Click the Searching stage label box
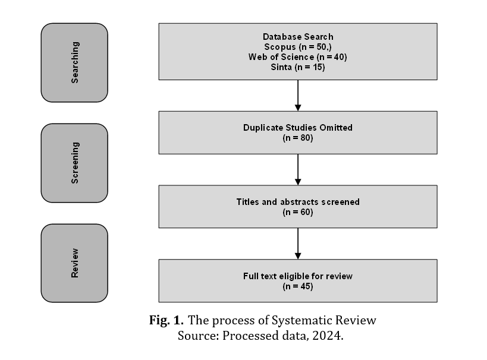[74, 62]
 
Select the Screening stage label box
[74, 163]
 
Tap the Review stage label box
[74, 263]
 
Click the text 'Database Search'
[298, 37]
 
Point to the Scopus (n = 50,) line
[298, 47]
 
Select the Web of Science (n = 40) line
[298, 57]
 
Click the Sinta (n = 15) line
[298, 67]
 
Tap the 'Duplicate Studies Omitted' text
[298, 128]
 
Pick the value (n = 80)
[298, 138]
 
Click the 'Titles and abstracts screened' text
[298, 202]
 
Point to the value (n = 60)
[298, 212]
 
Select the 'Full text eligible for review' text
[298, 276]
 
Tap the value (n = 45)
[298, 286]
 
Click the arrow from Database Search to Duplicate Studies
[298, 95]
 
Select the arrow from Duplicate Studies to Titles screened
[298, 169]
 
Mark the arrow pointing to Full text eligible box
[298, 244]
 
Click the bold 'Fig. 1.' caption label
[166, 320]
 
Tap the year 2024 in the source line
[328, 336]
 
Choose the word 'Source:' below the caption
[199, 336]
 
